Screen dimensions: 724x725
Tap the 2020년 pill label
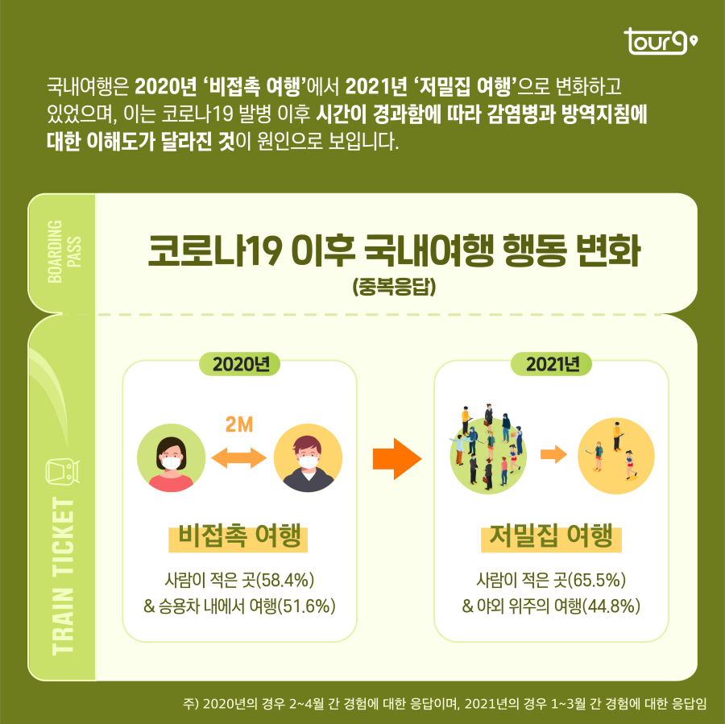click(x=239, y=363)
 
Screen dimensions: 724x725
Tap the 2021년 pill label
click(x=552, y=363)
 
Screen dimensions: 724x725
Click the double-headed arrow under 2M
click(x=238, y=458)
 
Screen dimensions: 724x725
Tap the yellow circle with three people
click(x=616, y=456)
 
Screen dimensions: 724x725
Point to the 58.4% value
click(x=283, y=580)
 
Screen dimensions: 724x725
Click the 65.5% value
click(x=596, y=580)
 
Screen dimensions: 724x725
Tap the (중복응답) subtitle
click(x=394, y=286)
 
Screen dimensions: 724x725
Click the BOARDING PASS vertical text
click(x=62, y=252)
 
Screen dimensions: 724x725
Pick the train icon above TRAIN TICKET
click(x=62, y=471)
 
